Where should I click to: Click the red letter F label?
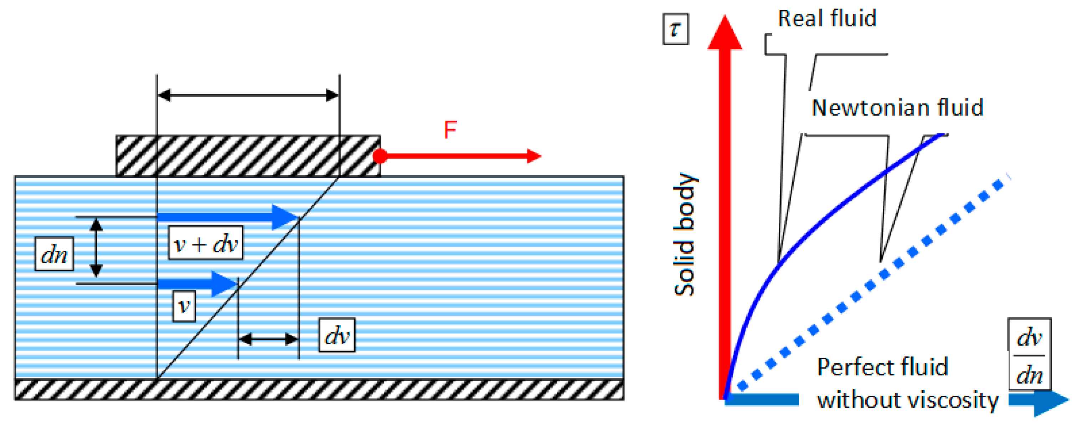click(x=450, y=130)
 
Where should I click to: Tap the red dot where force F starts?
click(x=380, y=156)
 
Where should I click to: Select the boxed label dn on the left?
click(x=54, y=254)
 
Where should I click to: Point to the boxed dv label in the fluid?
click(x=336, y=335)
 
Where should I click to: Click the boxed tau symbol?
click(x=675, y=29)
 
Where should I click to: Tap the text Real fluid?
click(x=826, y=19)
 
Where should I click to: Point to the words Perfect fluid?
click(x=882, y=367)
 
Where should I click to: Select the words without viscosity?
click(x=907, y=400)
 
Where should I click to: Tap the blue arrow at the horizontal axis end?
click(x=1041, y=400)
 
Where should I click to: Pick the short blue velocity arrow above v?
click(x=196, y=284)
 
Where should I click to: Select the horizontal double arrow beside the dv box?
click(x=268, y=339)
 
